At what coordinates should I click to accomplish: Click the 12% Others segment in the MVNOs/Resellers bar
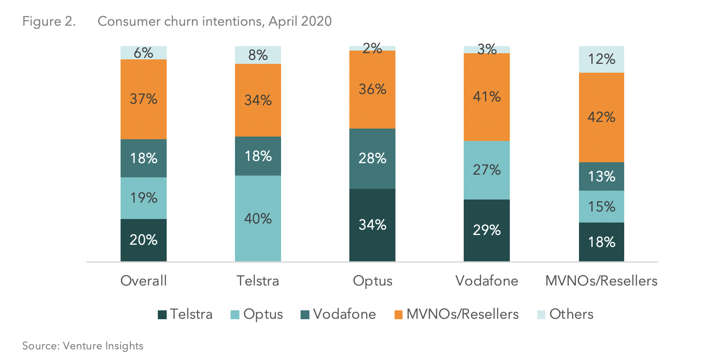point(601,59)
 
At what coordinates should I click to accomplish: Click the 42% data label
point(601,117)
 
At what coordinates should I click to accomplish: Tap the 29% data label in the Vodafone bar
point(486,230)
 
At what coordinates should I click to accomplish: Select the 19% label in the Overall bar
point(144,198)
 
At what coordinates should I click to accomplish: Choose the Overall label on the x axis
point(144,281)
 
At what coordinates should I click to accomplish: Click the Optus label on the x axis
point(372,281)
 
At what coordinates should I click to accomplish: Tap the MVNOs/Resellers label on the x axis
point(601,281)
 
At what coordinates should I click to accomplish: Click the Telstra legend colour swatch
point(162,315)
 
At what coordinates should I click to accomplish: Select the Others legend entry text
point(571,314)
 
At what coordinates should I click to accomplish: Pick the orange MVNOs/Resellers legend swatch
point(399,315)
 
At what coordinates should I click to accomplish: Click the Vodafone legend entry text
point(344,314)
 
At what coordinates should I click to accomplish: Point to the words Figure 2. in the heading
point(49,21)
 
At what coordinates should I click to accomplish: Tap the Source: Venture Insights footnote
point(83,346)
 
